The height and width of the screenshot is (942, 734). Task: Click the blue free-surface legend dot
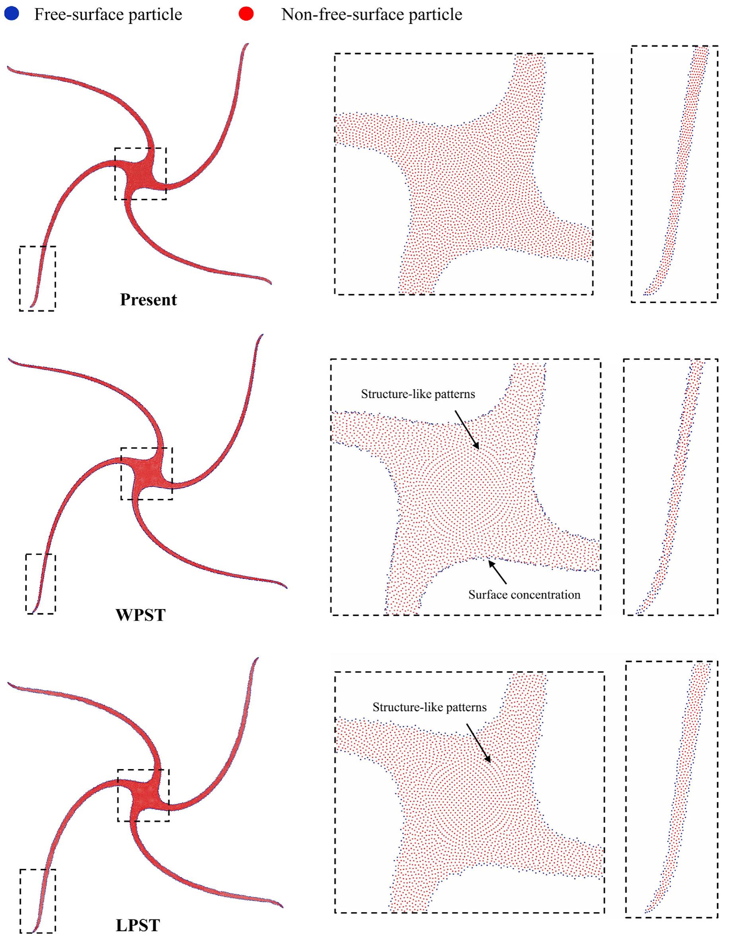tap(11, 14)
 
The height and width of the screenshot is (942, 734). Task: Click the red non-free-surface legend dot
tap(246, 14)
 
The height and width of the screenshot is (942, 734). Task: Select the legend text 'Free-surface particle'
tap(108, 15)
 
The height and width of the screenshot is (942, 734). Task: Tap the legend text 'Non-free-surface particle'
tap(372, 15)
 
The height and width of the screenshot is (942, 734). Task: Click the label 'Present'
tap(149, 299)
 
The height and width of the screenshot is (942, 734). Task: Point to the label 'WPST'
tap(141, 615)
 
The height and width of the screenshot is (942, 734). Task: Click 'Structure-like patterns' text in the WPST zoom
tap(418, 394)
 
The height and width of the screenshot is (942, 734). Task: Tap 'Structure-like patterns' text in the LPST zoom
tap(429, 707)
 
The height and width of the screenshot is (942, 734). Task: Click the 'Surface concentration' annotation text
tap(524, 595)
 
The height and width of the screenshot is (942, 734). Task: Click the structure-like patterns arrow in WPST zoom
tap(467, 429)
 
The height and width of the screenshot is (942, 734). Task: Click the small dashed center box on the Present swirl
tap(140, 148)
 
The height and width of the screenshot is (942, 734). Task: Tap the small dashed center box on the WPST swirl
tap(146, 448)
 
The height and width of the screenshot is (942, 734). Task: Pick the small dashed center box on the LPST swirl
tap(143, 770)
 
